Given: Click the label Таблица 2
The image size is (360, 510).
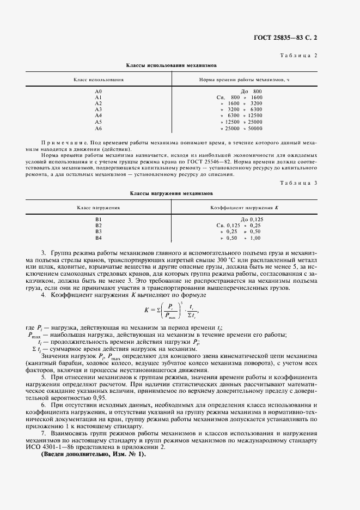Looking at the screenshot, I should tap(298, 56).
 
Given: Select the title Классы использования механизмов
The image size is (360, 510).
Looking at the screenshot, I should tap(172, 65).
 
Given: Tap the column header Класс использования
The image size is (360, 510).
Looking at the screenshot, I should tap(99, 80).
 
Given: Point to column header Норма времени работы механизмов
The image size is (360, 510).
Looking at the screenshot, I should tap(244, 80).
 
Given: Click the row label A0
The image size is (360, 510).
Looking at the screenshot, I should tap(99, 91).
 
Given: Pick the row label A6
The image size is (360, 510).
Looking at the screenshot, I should tap(99, 129).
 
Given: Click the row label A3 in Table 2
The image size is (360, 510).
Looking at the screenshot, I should tap(99, 110).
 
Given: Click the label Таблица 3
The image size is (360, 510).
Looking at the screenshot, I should tap(298, 184).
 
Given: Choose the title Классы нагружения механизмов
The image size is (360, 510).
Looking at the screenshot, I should tap(172, 193).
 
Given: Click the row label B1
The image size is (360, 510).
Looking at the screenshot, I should tap(99, 219).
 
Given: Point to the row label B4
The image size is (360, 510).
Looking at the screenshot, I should tap(99, 238).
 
